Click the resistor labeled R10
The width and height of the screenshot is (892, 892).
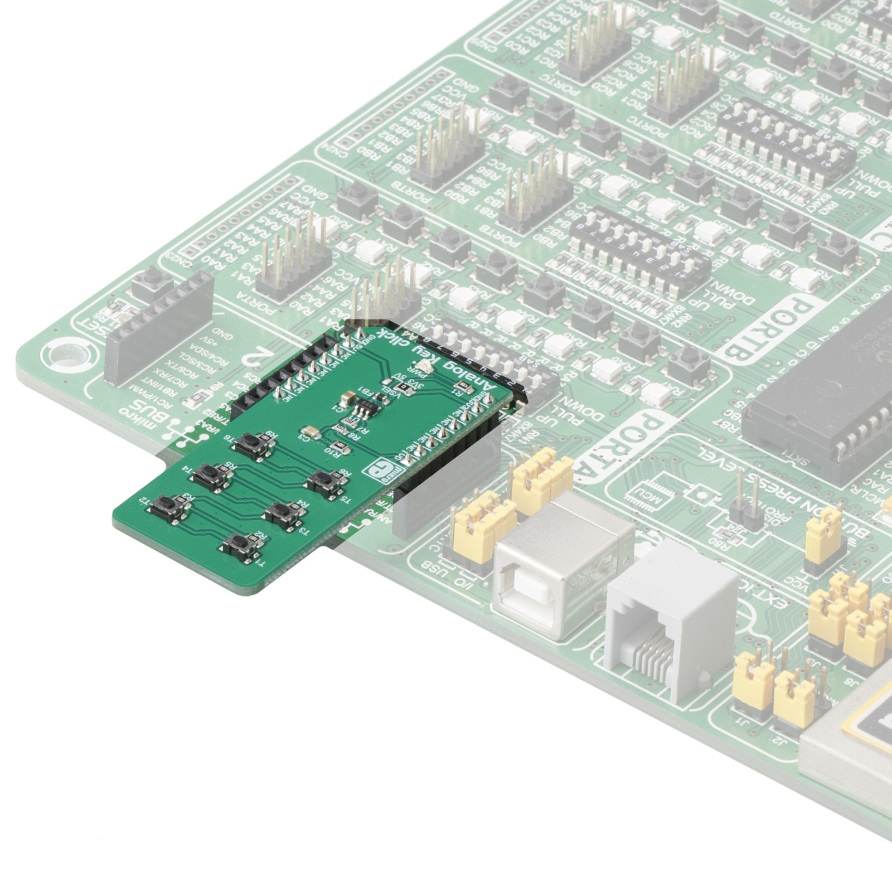click(x=337, y=446)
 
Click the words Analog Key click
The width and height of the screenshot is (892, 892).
click(x=440, y=361)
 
